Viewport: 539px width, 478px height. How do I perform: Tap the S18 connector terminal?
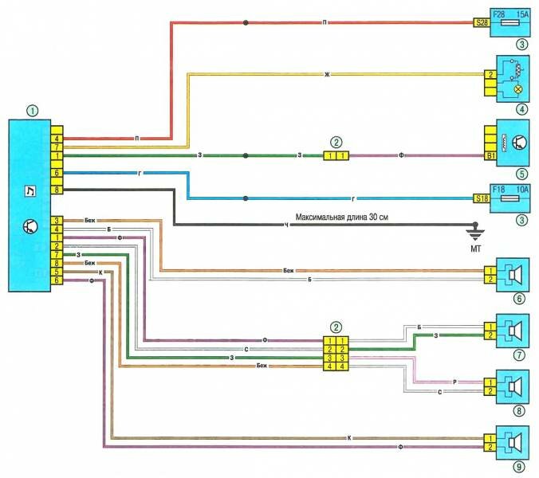click(x=481, y=198)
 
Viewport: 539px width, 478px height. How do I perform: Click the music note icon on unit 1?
click(x=30, y=190)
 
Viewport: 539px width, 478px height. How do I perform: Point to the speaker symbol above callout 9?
click(x=513, y=439)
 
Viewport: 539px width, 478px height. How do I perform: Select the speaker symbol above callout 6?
click(x=513, y=274)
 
